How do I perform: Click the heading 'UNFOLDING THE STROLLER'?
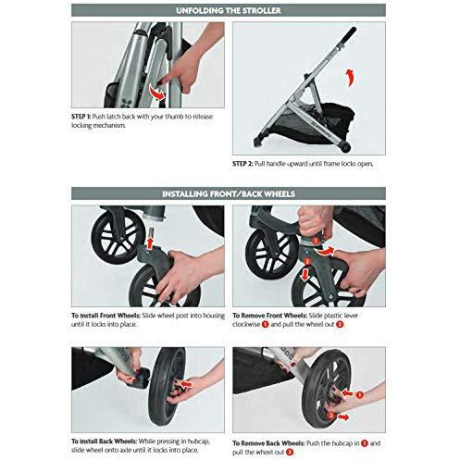pyautogui.click(x=230, y=11)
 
